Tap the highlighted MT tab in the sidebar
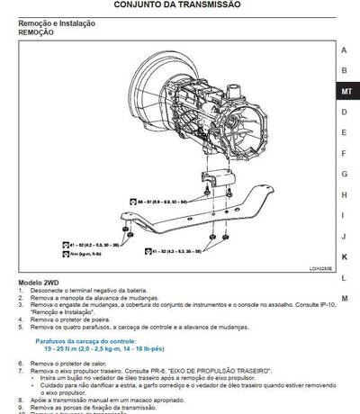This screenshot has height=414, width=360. [346, 91]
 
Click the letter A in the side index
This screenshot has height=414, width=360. [344, 49]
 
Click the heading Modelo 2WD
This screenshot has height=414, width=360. [41, 283]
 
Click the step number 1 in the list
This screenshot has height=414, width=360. [21, 292]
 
